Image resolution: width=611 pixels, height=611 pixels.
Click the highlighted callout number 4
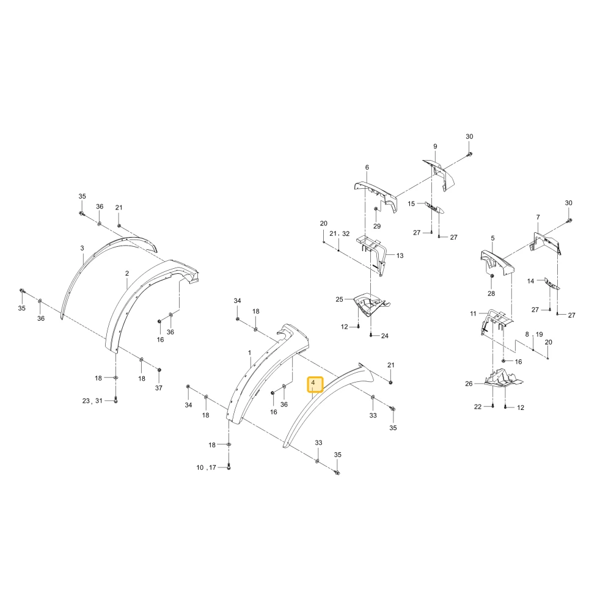[x=313, y=383]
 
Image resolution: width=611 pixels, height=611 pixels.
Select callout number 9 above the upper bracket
[x=435, y=147]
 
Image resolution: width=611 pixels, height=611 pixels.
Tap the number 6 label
[x=367, y=167]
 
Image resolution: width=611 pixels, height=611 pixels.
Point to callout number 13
[x=400, y=255]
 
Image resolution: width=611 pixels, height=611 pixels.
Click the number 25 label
[x=339, y=299]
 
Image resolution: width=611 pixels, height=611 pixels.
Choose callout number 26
[x=469, y=384]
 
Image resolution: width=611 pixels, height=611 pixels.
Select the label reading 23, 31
[x=92, y=401]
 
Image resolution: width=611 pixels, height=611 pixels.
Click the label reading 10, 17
[x=206, y=467]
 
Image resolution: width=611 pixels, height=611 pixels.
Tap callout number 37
[x=159, y=388]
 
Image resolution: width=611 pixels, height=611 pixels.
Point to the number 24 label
[x=384, y=336]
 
